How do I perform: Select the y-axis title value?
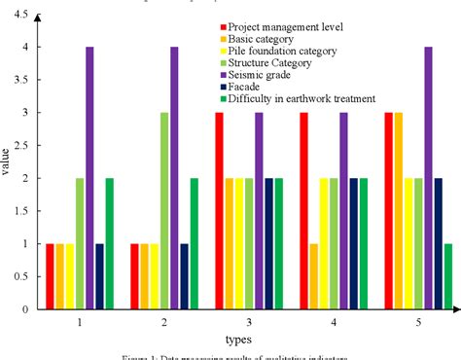pyautogui.click(x=7, y=162)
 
